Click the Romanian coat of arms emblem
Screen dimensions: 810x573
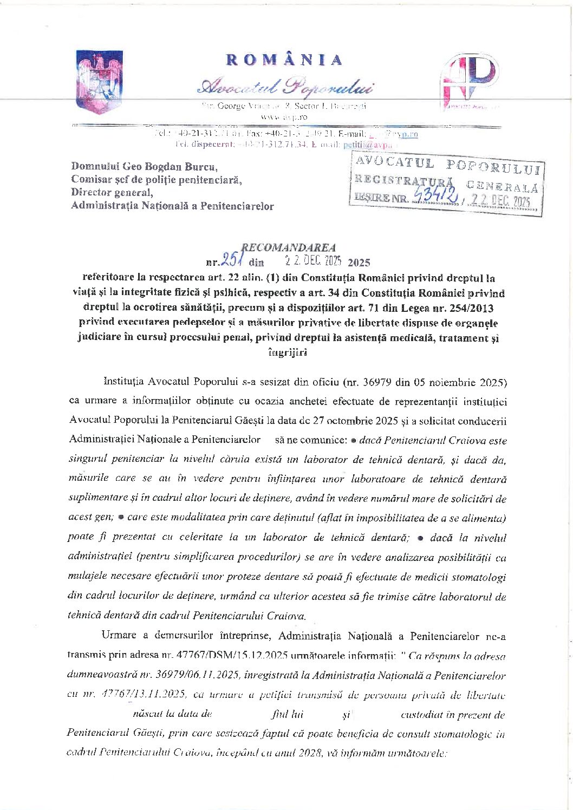99,81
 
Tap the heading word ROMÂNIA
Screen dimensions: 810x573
284,60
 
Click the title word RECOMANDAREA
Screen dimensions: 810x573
288,247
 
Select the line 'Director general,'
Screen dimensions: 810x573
112,192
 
